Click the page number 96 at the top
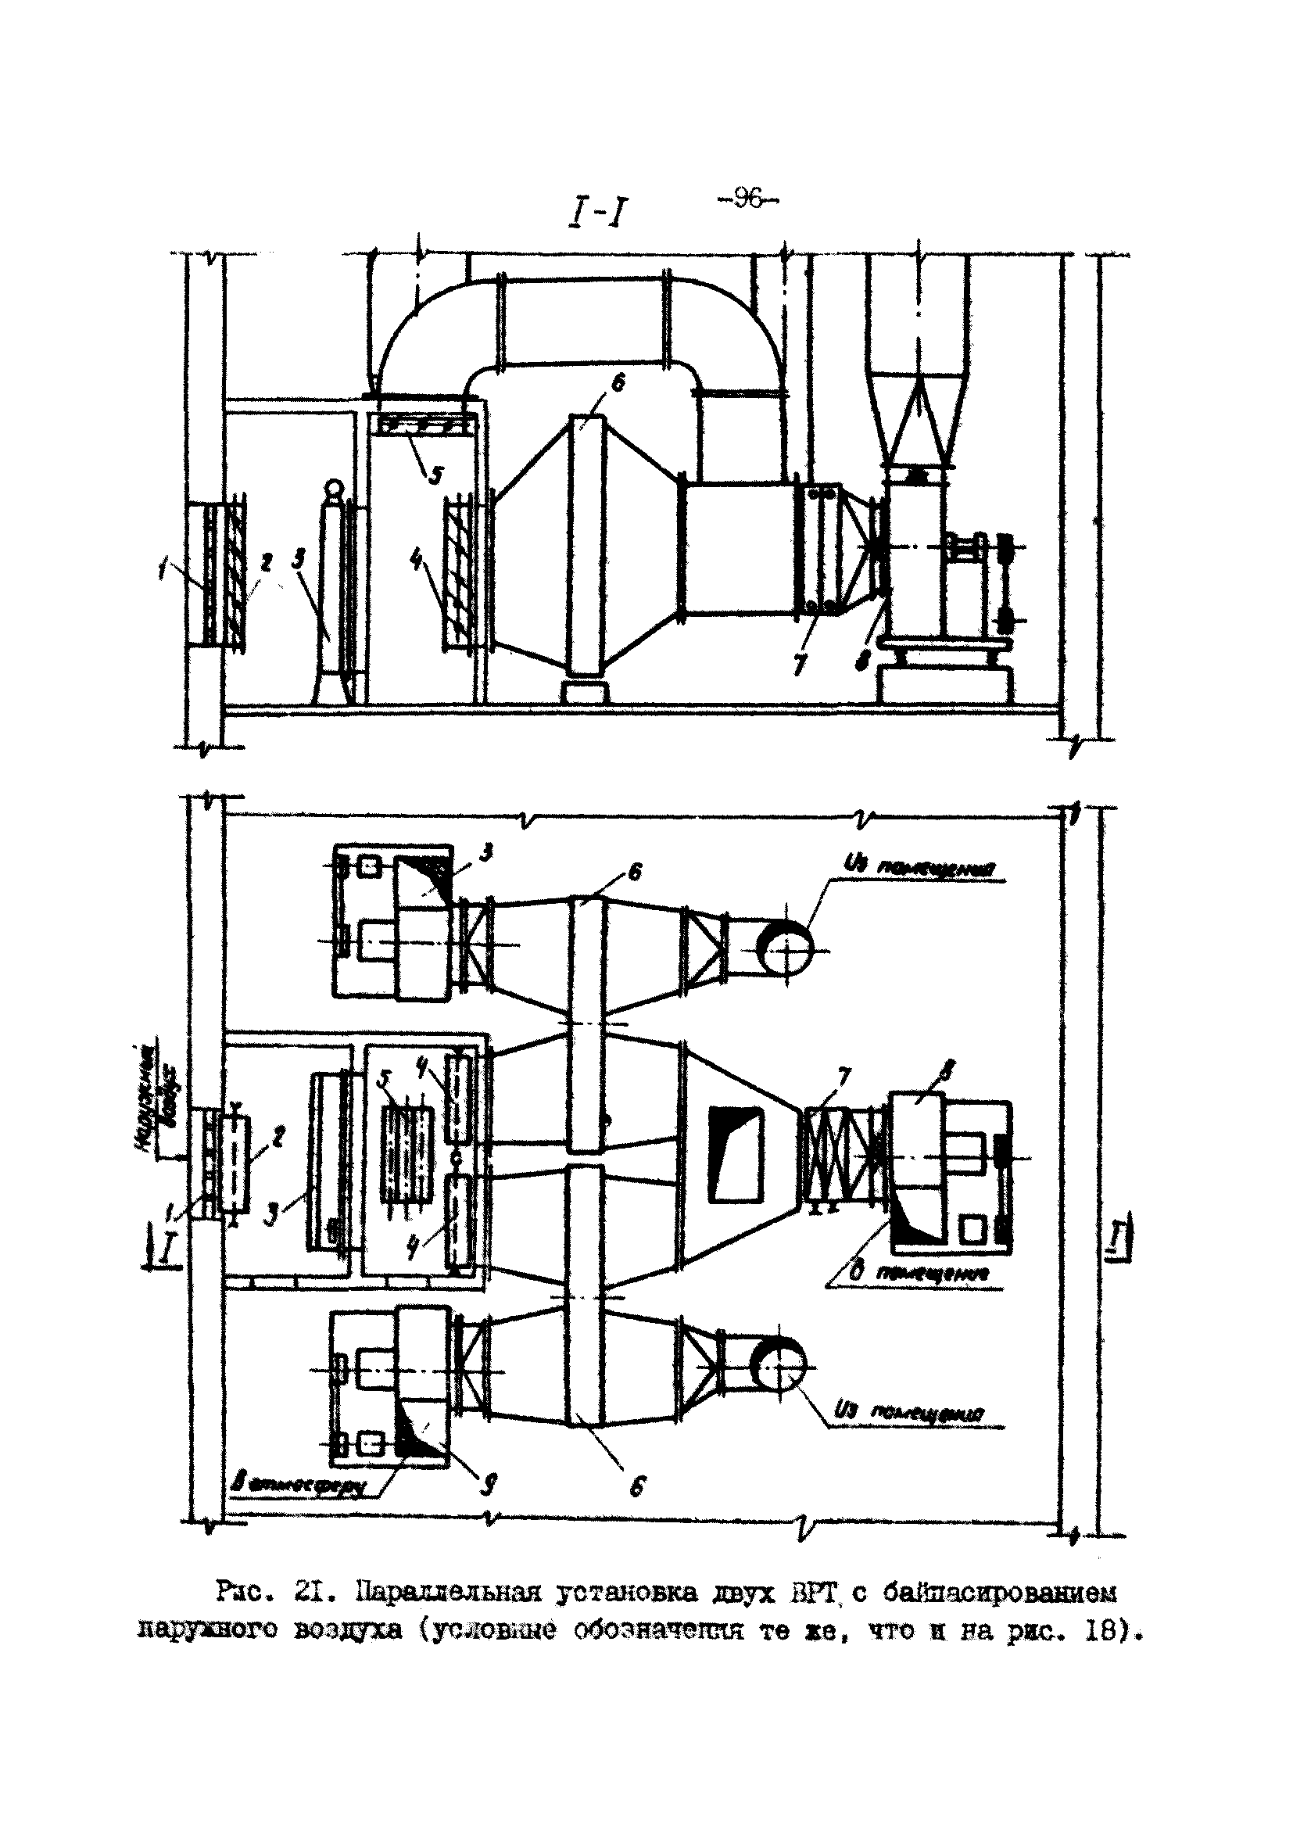747,198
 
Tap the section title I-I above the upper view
597,213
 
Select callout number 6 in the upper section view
617,385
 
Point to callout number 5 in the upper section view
435,476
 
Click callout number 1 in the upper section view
163,572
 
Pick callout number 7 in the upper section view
798,664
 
